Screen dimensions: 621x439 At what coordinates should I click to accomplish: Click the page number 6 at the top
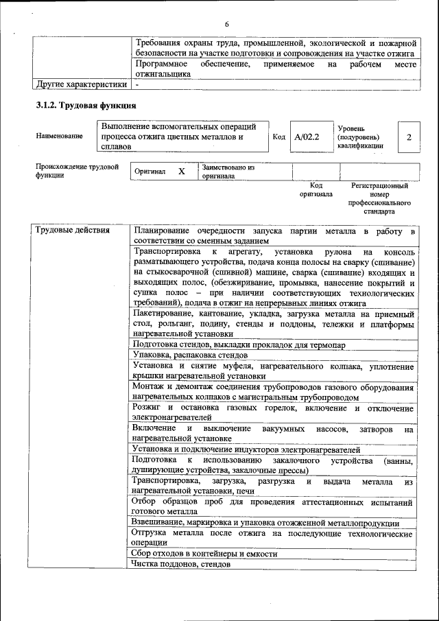(x=226, y=25)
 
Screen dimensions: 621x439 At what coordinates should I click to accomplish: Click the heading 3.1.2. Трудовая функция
(x=86, y=106)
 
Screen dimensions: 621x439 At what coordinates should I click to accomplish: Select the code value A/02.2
(x=307, y=137)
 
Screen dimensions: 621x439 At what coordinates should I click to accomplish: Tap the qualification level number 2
(x=409, y=137)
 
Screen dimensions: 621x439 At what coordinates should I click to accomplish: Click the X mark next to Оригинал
(x=182, y=171)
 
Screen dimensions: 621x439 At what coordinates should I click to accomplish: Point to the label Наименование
(x=60, y=136)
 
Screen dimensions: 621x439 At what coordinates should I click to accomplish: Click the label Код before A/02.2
(x=278, y=137)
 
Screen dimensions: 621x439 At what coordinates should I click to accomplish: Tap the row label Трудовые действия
(x=72, y=230)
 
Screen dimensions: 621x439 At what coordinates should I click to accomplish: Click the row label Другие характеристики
(x=81, y=85)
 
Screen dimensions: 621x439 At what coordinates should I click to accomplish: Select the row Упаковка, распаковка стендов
(x=190, y=355)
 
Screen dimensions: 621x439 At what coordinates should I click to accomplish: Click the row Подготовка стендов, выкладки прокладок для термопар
(x=239, y=344)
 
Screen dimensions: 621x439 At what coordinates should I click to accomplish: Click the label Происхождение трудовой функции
(x=77, y=171)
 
